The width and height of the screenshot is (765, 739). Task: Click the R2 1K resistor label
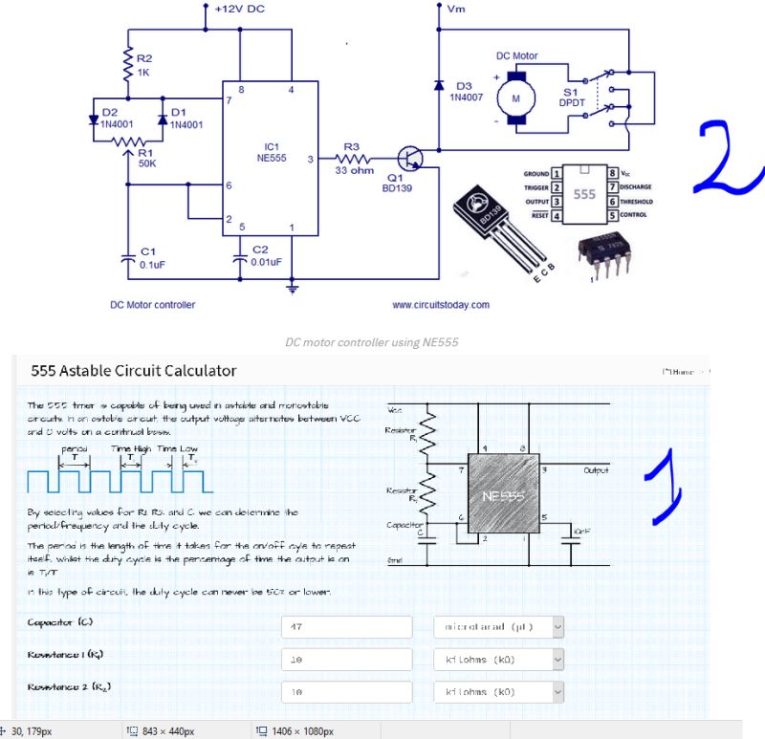point(144,65)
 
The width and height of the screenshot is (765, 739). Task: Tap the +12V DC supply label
point(240,9)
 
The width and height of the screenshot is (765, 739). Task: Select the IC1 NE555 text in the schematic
point(271,154)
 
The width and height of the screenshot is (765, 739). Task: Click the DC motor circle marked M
point(516,98)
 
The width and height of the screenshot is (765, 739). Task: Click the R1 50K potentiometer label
point(145,157)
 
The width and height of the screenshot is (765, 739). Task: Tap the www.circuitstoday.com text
point(440,305)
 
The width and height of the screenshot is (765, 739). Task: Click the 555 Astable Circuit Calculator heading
point(134,370)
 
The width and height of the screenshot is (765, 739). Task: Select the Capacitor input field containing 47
point(347,627)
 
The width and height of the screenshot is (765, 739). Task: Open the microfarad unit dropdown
point(498,627)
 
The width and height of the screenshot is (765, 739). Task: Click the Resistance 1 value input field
point(347,660)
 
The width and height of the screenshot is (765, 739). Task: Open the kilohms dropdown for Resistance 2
point(498,692)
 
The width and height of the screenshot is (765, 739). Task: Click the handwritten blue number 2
point(727,158)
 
